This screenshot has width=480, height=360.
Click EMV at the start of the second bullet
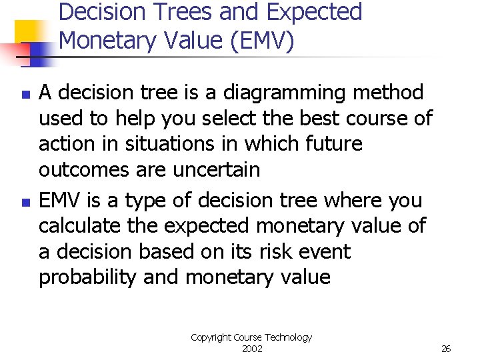coord(61,200)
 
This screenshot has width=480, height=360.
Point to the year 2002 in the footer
coord(251,349)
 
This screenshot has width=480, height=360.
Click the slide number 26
coord(446,349)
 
